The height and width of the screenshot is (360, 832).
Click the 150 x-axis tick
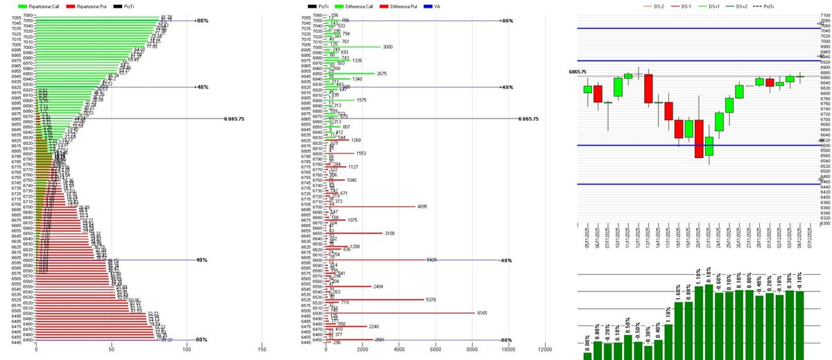coord(261,350)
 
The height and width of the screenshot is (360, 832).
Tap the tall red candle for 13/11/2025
coord(648,89)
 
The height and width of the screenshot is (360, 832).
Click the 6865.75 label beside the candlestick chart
coord(578,71)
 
